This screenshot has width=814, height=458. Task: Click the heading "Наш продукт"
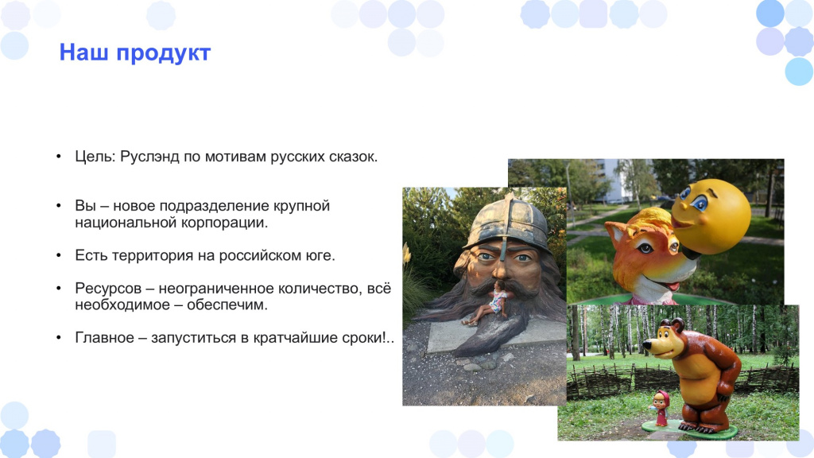(135, 53)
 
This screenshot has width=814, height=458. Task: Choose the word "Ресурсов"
(108, 288)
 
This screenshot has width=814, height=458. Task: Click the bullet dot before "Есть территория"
(59, 255)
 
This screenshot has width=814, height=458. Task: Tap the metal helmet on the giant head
(506, 222)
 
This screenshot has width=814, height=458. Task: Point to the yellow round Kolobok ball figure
(710, 216)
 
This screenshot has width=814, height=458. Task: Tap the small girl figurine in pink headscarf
(661, 409)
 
